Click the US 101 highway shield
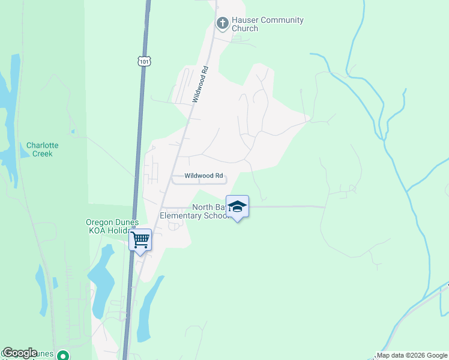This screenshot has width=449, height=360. pyautogui.click(x=143, y=61)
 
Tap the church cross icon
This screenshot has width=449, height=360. pyautogui.click(x=222, y=23)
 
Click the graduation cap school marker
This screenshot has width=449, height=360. pyautogui.click(x=238, y=207)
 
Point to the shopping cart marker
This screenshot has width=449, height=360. pyautogui.click(x=140, y=240)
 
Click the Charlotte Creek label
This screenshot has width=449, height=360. pyautogui.click(x=43, y=149)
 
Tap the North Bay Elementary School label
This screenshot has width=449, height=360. pyautogui.click(x=194, y=212)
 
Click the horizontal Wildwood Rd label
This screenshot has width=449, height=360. pyautogui.click(x=204, y=176)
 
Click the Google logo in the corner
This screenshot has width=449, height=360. pyautogui.click(x=20, y=353)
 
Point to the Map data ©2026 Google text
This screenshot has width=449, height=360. pyautogui.click(x=412, y=355)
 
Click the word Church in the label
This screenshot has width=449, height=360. pyautogui.click(x=245, y=28)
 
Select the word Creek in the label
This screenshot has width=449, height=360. pyautogui.click(x=43, y=154)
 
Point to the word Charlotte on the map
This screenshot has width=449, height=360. pyautogui.click(x=43, y=145)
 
